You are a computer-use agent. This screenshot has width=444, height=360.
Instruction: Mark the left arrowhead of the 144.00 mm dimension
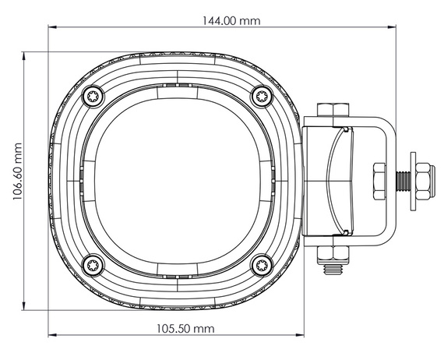tap(54, 29)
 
